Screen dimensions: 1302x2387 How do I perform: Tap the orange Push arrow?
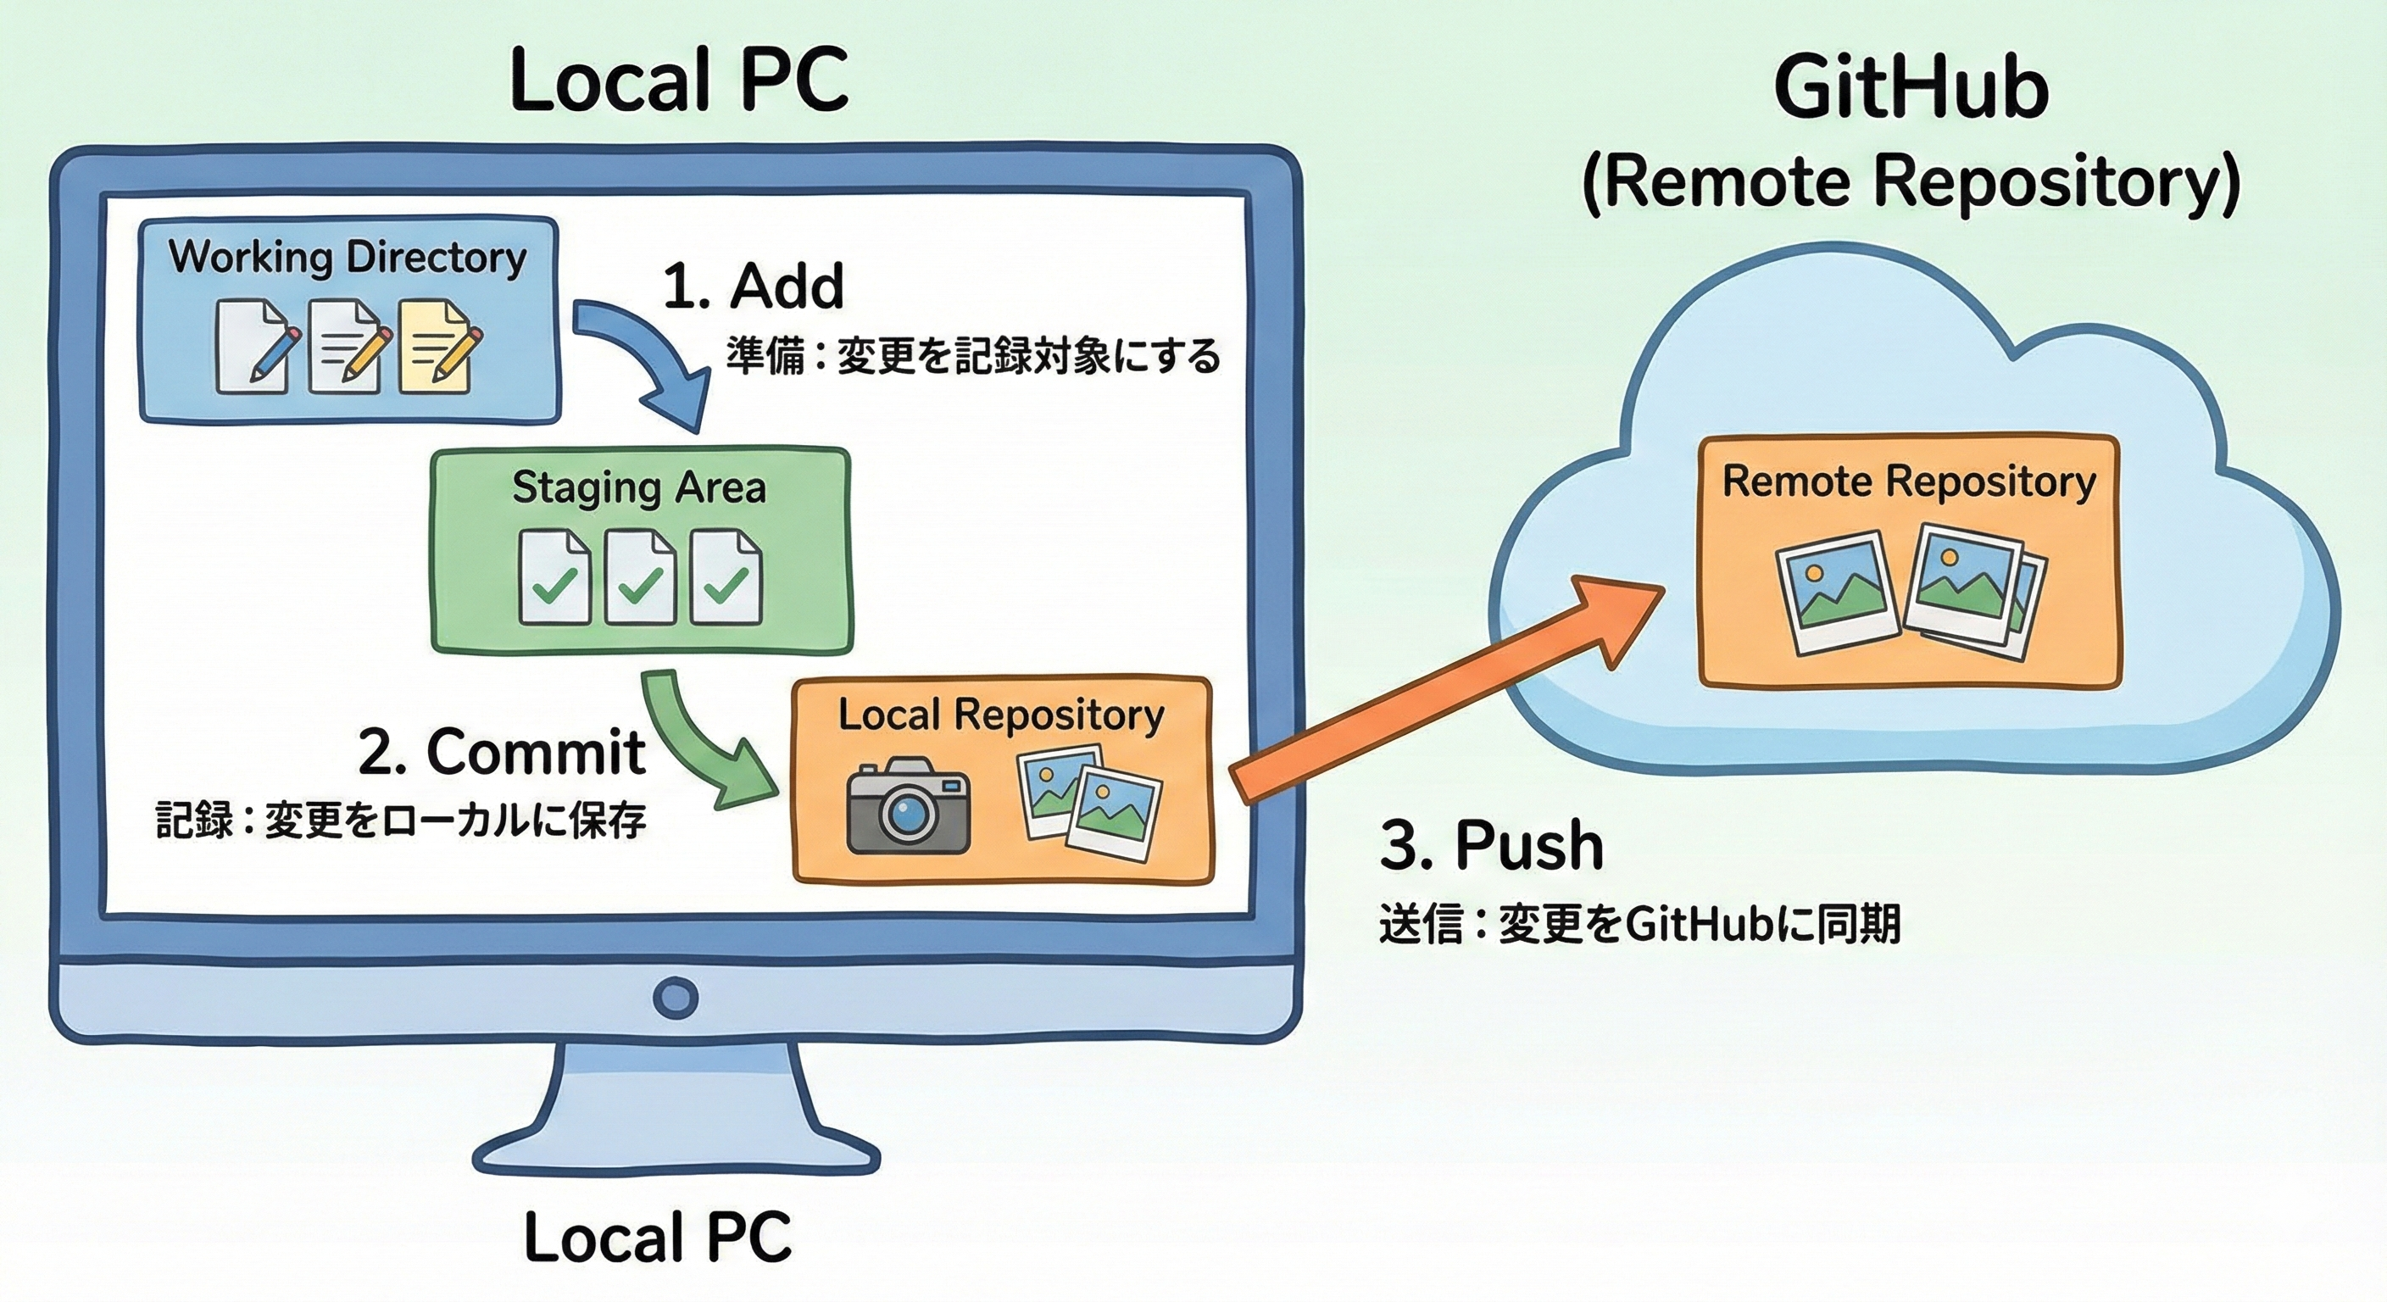click(x=1445, y=690)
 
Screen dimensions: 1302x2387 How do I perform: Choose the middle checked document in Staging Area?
click(x=639, y=576)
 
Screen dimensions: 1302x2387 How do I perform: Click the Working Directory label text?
click(x=348, y=257)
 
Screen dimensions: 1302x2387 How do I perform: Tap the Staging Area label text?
click(x=639, y=487)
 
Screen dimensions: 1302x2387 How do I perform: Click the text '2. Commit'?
click(x=501, y=752)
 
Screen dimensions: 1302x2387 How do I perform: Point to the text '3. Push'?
click(x=1491, y=845)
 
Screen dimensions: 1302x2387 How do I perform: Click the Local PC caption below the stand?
click(x=658, y=1237)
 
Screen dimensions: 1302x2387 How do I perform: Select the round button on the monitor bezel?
click(x=675, y=997)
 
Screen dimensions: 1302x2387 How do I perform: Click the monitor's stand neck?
click(x=676, y=1093)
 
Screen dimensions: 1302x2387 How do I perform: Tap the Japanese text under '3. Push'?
click(x=1639, y=924)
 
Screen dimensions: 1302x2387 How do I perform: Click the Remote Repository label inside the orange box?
click(x=1908, y=481)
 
